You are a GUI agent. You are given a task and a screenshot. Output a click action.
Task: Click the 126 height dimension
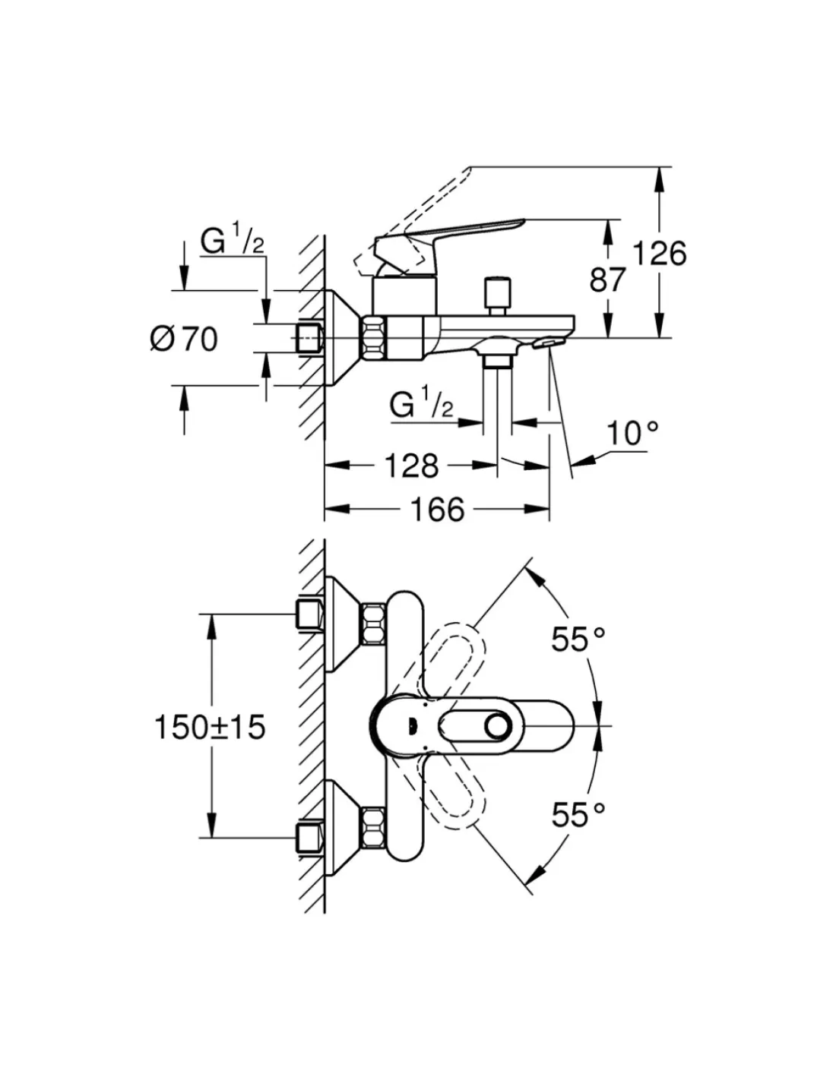click(x=660, y=253)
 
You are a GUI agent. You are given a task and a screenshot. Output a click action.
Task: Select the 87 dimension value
click(x=608, y=279)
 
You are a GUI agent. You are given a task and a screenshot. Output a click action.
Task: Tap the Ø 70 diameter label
click(x=184, y=338)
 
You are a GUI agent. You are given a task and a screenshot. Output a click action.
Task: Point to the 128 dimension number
click(x=410, y=465)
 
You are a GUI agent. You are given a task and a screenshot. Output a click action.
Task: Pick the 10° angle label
click(x=632, y=434)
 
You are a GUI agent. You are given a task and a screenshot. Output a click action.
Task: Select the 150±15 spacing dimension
click(x=210, y=727)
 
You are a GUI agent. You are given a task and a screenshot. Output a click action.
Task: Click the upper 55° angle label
click(x=578, y=639)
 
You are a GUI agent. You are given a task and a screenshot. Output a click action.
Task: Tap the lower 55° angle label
click(x=578, y=815)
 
